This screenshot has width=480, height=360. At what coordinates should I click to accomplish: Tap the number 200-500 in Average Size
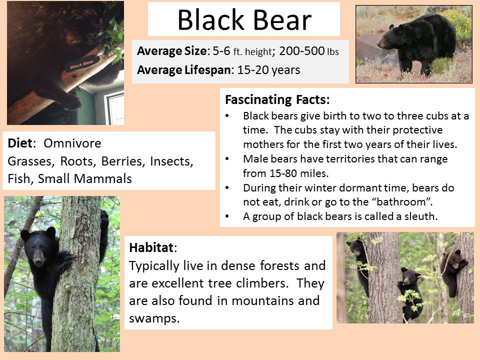301,51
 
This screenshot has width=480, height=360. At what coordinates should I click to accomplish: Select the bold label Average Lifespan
184,70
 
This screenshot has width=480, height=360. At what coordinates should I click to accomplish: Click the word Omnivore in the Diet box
72,143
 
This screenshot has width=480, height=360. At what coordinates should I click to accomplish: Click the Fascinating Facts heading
277,99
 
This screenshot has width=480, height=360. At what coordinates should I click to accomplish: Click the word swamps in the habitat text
154,318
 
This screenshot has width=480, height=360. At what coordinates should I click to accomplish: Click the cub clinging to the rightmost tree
453,271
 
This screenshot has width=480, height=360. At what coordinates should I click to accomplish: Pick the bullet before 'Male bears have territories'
227,159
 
